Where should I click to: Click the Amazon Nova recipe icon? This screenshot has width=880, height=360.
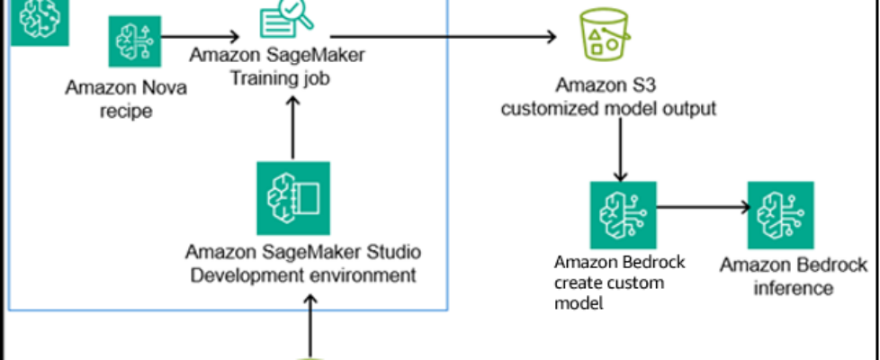[x=134, y=40]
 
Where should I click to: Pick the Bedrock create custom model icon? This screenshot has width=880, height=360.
[x=622, y=214]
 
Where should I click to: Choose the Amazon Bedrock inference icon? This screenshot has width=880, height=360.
[x=780, y=214]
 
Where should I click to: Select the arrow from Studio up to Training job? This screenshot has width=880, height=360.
[x=290, y=126]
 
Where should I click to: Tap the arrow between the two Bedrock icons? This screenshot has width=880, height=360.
[x=702, y=207]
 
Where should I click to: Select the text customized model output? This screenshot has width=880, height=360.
[x=608, y=110]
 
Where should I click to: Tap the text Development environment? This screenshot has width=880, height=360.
[x=301, y=274]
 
